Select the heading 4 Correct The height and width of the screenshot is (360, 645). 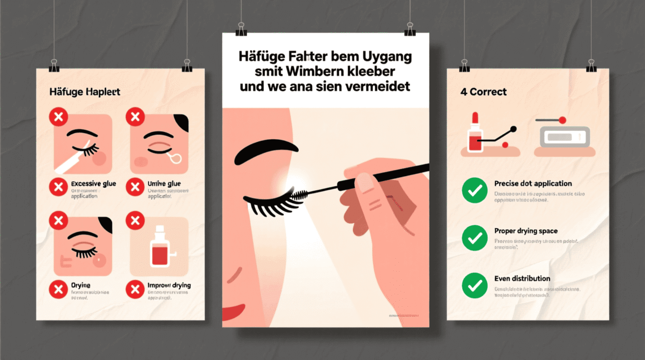(483, 92)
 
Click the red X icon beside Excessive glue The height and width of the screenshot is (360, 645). (58, 187)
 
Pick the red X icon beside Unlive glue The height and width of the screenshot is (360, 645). (135, 187)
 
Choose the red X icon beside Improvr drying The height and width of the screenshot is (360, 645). (135, 290)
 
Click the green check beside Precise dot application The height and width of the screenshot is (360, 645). (474, 191)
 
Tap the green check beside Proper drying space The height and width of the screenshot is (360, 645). (474, 238)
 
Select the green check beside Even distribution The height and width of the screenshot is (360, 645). (474, 286)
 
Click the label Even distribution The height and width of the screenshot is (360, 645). (522, 278)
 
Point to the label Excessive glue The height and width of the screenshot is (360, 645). (94, 183)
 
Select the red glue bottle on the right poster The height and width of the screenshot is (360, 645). (475, 134)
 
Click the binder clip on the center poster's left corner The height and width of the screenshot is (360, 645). (241, 29)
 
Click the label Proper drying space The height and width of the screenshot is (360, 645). (526, 231)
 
